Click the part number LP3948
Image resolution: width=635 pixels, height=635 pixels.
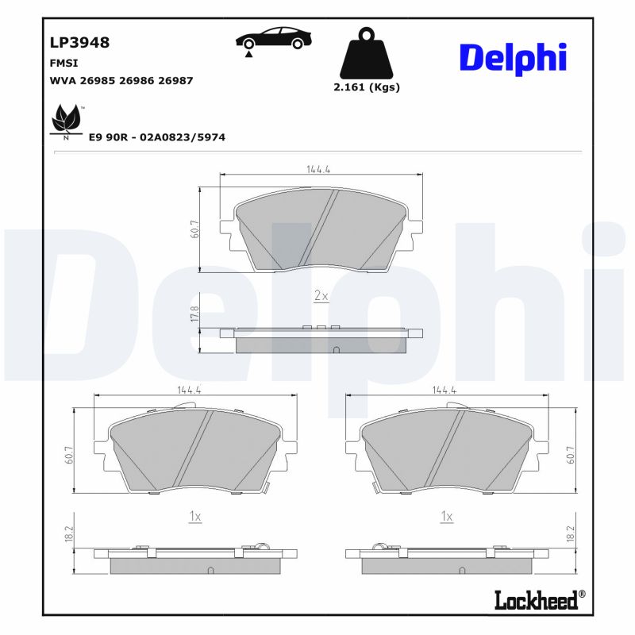(79, 42)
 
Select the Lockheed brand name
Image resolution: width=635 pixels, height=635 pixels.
(537, 600)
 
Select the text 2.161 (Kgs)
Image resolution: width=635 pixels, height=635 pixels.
(366, 87)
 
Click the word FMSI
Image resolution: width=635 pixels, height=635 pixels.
(63, 62)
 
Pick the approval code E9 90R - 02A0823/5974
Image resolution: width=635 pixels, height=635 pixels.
(157, 137)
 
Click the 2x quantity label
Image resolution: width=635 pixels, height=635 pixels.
(321, 295)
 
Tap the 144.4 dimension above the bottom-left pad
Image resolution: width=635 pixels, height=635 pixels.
(188, 390)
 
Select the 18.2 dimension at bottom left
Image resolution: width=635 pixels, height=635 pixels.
(69, 533)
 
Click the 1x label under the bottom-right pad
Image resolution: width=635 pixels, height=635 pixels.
(448, 516)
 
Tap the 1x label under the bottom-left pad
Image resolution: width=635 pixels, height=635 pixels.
(195, 516)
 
